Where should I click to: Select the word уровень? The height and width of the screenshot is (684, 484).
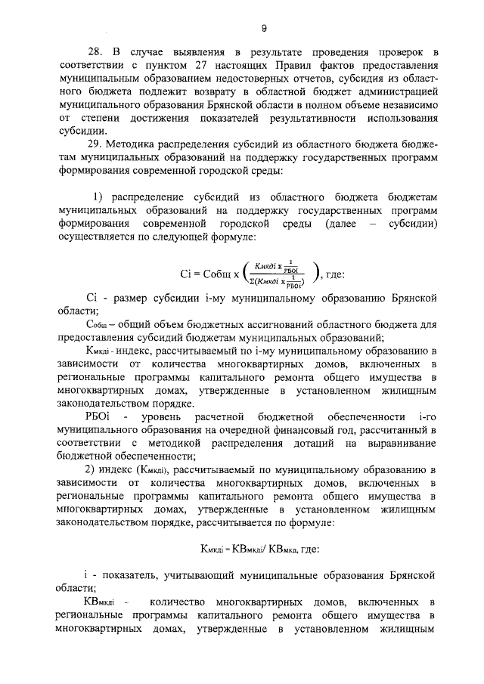coord(177,416)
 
